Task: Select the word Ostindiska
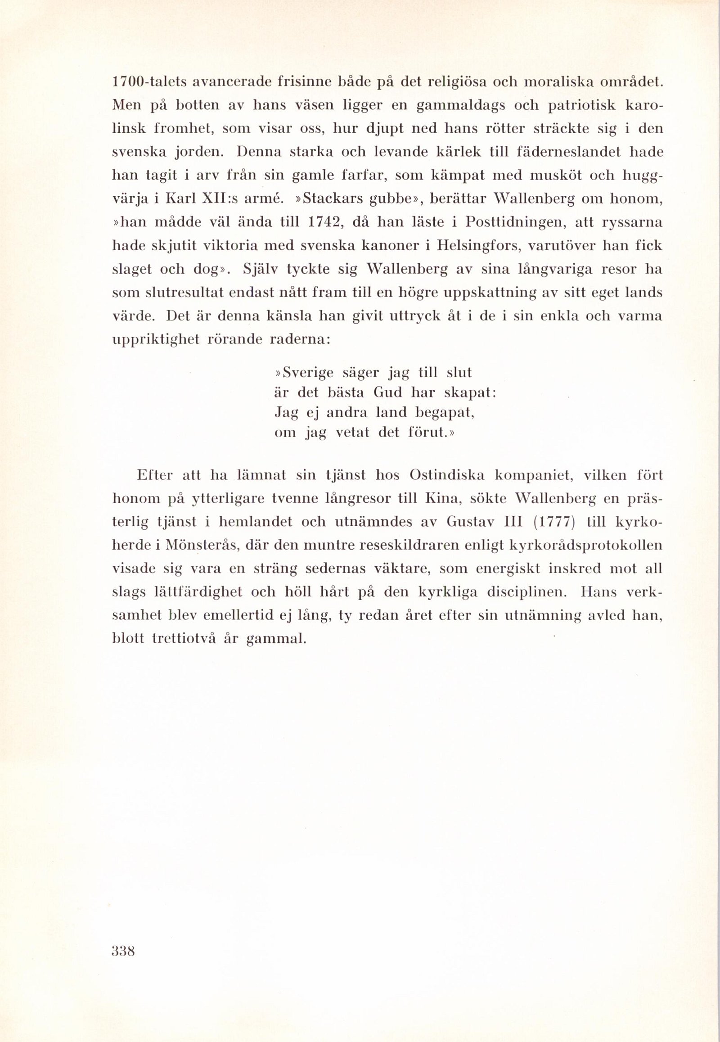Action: [x=447, y=475]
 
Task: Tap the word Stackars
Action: [x=331, y=199]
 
